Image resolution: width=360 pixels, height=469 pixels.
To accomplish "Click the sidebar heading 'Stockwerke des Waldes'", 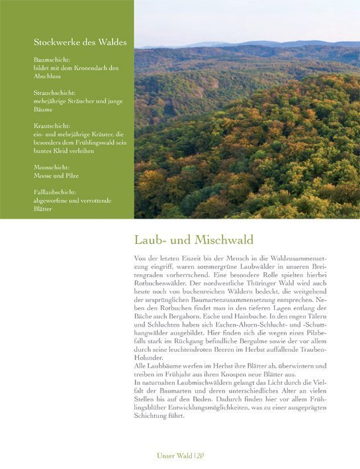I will (80, 42).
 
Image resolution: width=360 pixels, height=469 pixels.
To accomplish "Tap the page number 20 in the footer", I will (199, 455).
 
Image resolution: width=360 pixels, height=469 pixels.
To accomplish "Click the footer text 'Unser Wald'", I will (173, 455).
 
